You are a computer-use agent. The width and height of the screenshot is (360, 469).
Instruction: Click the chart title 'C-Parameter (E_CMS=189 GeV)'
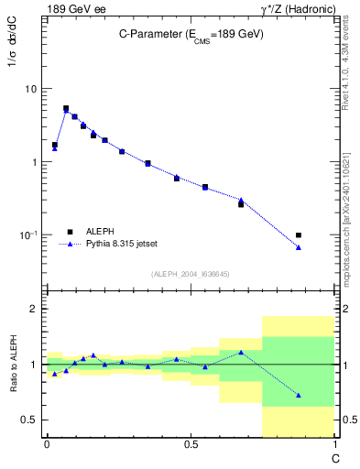click(191, 33)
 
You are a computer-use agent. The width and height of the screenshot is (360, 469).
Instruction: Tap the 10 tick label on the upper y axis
click(30, 89)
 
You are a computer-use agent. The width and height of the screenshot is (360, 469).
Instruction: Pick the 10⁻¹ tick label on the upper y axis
click(27, 234)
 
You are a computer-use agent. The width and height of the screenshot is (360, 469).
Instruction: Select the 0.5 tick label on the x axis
click(191, 444)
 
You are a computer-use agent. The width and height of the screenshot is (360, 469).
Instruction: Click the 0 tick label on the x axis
click(46, 444)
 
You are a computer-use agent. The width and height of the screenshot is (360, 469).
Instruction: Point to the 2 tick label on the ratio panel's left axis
click(35, 310)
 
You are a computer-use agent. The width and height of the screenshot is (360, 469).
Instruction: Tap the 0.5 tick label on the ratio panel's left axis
click(30, 420)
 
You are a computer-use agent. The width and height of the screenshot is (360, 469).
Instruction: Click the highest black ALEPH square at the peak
click(66, 108)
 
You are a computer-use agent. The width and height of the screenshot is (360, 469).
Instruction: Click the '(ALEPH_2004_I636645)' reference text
click(190, 274)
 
